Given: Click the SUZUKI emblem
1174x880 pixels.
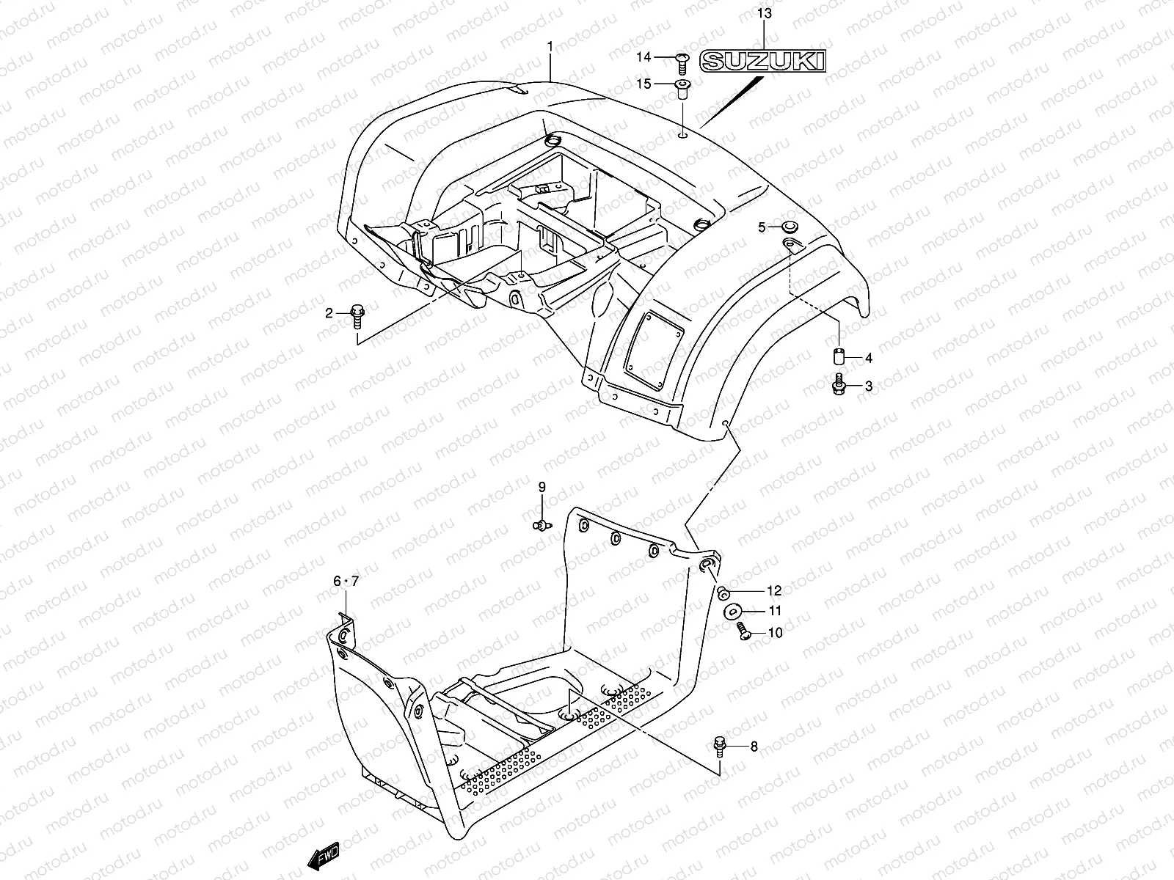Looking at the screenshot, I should coord(762,61).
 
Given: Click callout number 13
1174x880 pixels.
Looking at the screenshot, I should coord(764,13).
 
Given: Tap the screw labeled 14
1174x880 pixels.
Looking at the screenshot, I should coord(679,59).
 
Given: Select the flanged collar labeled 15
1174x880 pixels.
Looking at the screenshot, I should coord(681,89).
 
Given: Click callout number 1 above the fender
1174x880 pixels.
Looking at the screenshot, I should coord(550,47).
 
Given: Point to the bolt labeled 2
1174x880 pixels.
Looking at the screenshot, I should coord(358,315).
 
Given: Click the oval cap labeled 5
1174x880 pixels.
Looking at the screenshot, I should coord(792,227).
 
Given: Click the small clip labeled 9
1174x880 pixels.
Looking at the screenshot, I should coord(542,524).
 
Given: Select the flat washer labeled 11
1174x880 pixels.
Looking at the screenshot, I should coord(732,611).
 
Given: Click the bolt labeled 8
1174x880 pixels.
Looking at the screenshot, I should coord(719,747).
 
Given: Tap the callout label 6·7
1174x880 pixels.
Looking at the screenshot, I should coord(346,582).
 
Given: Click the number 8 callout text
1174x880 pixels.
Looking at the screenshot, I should coord(754,747).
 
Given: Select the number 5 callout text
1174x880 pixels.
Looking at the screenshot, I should coord(762,227).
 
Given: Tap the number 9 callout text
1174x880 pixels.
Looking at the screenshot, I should coord(542,487).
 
